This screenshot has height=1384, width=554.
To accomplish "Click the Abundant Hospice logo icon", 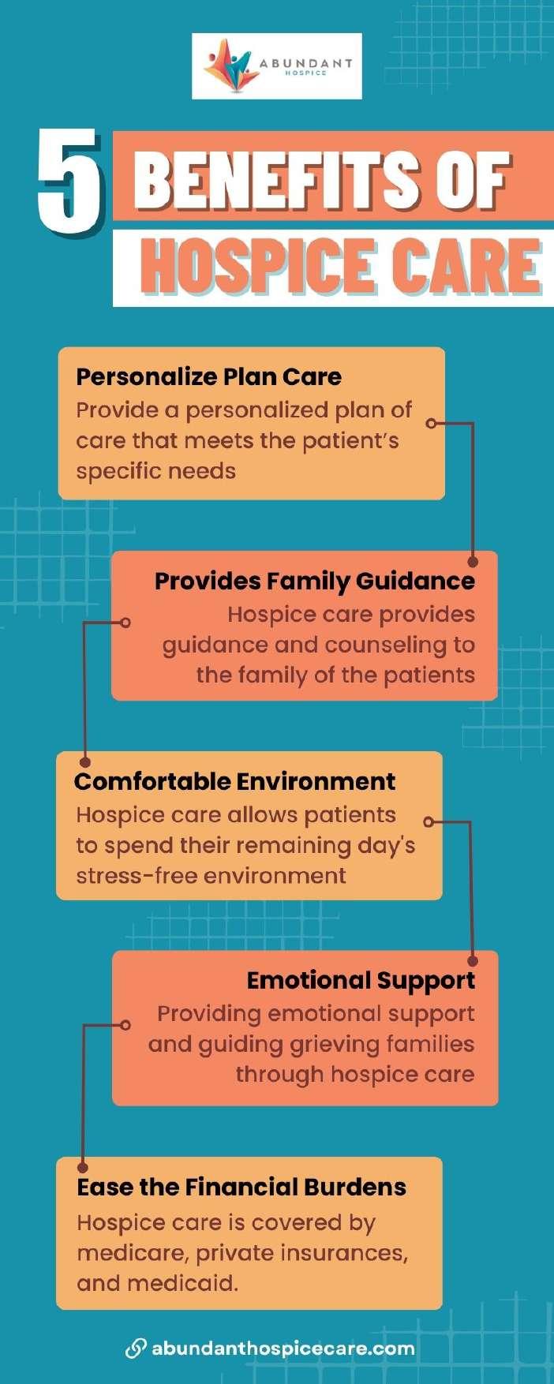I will point(230,65).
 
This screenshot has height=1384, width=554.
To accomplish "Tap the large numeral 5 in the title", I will point(70,182).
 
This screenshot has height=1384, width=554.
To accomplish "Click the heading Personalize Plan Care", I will point(208,376).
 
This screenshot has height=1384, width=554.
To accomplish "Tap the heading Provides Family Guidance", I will point(314,581).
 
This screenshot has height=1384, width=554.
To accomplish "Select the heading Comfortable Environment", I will point(234,781).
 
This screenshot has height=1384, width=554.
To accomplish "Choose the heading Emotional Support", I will point(361,980).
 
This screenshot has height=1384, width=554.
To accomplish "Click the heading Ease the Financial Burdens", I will point(241,1187).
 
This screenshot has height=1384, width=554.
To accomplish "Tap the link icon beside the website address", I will point(136,1348).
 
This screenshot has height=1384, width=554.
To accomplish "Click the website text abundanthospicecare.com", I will point(283,1348).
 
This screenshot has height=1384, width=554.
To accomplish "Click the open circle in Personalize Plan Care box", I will point(431,424).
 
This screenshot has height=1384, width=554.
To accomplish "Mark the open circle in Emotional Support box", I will point(125,1025).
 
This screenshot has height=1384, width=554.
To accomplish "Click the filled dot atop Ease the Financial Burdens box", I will point(83,1167).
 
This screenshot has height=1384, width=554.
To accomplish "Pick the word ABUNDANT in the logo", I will point(305,63).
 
